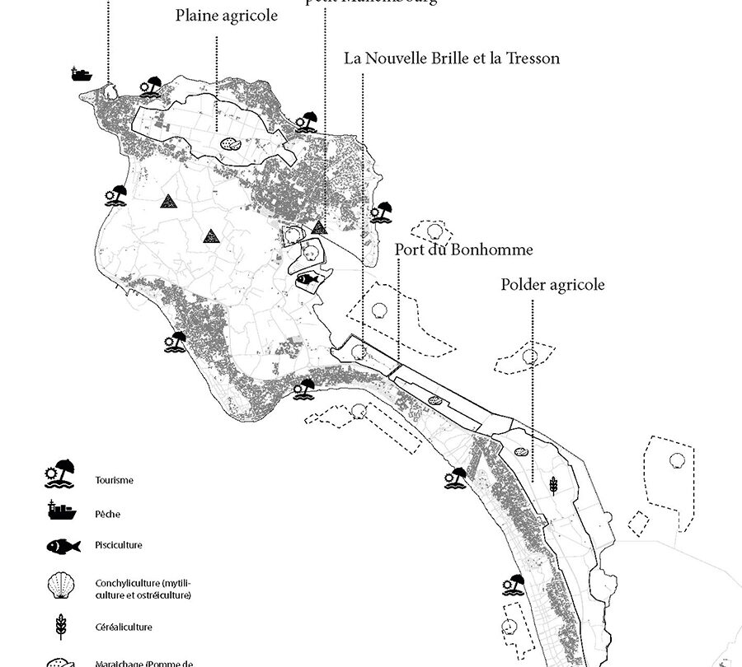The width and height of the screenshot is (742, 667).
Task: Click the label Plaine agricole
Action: coord(227,17)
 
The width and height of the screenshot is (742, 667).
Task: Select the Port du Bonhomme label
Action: coord(463,250)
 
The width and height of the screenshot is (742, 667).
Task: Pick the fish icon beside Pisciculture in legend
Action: coord(63,544)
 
